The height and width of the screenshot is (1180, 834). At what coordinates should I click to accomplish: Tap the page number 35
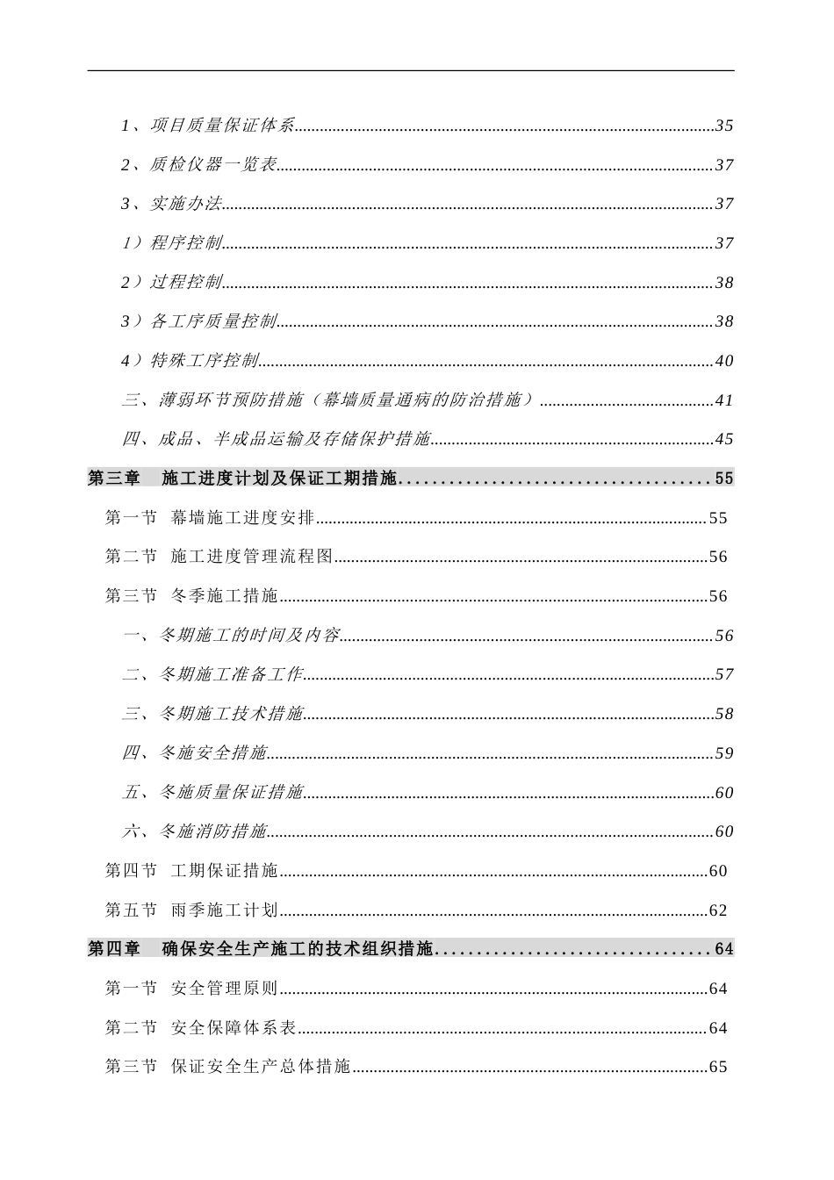tap(724, 126)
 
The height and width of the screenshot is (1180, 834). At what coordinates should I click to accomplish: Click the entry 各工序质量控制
tap(213, 321)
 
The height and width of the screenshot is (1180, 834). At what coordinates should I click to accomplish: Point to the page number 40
tap(724, 361)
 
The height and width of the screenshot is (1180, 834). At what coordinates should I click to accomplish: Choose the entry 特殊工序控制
tap(205, 361)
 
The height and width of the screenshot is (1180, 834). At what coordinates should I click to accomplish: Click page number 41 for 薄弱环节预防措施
tap(724, 400)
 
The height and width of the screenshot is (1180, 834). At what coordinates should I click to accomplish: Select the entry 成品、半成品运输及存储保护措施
tap(294, 439)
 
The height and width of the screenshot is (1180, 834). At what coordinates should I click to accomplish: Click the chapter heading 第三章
tap(114, 478)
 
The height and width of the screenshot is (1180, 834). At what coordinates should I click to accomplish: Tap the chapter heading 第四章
tap(114, 949)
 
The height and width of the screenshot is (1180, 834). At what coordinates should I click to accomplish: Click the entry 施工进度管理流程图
tap(252, 557)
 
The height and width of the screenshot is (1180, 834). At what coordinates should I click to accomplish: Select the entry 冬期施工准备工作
tap(231, 674)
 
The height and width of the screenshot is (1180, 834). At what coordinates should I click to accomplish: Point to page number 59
tap(724, 753)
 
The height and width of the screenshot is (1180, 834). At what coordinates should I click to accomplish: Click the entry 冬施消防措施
tap(213, 831)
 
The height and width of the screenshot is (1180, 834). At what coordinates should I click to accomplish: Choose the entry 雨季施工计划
tap(225, 910)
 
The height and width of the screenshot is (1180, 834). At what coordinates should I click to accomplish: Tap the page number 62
tap(718, 910)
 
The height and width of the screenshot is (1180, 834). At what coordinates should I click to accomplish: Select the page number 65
tap(718, 1068)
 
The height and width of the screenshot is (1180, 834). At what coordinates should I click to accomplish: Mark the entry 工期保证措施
tap(225, 871)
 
